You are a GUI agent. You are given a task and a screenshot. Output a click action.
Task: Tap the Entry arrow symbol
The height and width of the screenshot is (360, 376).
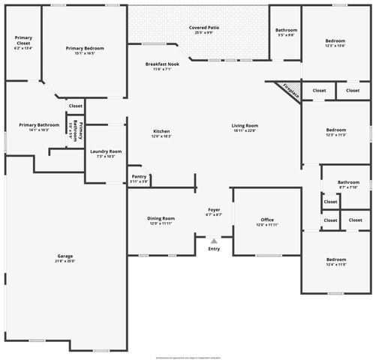(214, 241)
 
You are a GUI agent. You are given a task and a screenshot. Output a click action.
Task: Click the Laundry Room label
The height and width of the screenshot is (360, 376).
(105, 153)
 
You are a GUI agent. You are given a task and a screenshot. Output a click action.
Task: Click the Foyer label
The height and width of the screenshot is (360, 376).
(214, 211)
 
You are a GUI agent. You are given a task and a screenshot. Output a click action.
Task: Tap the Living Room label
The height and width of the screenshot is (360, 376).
(245, 127)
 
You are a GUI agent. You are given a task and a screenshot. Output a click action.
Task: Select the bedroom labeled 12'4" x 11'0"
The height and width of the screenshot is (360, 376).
(335, 262)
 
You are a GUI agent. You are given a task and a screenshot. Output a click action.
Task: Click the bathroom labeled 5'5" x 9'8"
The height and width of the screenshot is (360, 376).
(286, 32)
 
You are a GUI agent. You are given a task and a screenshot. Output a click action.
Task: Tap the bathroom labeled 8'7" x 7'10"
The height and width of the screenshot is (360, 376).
(348, 184)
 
